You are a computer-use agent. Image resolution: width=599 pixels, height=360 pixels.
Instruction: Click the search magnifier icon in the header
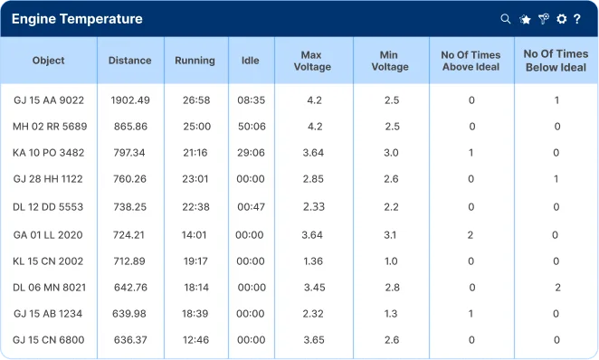[506, 19]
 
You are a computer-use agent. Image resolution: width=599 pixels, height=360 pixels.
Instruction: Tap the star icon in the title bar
[526, 19]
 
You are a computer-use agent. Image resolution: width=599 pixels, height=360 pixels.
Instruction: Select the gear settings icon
[561, 19]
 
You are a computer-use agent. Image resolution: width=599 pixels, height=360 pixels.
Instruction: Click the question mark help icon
[577, 19]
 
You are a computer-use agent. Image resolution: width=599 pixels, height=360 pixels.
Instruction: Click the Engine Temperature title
[77, 19]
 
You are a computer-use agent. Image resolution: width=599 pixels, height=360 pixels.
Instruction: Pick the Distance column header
[130, 61]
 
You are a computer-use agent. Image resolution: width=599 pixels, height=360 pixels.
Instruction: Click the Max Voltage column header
[312, 61]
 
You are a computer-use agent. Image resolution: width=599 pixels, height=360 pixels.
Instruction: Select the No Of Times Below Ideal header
[556, 61]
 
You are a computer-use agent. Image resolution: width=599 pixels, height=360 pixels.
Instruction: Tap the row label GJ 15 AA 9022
[49, 100]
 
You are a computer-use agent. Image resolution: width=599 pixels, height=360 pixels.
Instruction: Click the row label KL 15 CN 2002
[48, 261]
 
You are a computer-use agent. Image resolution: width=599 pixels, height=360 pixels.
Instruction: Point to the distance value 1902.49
[130, 100]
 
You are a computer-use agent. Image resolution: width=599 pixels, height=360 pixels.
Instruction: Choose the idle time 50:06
[252, 127]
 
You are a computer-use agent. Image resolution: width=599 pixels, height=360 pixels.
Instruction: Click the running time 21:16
[195, 153]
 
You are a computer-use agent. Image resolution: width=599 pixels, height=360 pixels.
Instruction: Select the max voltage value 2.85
[313, 179]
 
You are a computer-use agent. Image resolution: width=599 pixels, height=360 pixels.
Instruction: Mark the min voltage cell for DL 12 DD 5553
[391, 207]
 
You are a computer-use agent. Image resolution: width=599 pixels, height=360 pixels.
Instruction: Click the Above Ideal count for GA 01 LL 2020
[471, 235]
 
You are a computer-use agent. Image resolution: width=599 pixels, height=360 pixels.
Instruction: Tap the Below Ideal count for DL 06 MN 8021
[557, 288]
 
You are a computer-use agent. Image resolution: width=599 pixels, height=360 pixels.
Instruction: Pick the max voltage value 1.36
[313, 261]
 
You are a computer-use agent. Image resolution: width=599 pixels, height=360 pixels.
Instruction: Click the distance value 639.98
[129, 314]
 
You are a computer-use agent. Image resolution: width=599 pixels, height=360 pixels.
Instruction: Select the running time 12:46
[196, 340]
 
